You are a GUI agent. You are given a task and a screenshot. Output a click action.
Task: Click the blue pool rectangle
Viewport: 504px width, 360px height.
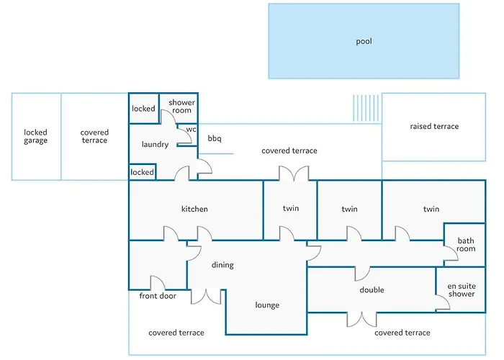364,41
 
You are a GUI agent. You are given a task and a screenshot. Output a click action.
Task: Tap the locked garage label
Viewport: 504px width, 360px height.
35,136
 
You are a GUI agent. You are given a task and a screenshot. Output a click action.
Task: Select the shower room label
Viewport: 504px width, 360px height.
181,107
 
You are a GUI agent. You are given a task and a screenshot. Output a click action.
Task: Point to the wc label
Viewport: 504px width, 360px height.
191,130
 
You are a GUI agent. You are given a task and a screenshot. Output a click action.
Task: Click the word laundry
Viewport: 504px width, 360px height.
155,145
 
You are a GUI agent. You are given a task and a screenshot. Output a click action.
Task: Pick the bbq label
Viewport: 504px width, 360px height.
215,138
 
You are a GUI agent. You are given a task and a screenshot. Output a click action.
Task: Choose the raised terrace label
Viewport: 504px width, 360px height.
434,127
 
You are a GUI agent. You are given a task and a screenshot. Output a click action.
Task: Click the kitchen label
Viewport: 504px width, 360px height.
194,210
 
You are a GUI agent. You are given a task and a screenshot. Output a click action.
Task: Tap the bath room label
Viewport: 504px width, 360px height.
466,245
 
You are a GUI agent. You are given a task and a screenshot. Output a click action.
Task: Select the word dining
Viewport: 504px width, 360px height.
222,265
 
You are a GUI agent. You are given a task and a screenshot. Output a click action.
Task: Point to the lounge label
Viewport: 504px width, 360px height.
267,305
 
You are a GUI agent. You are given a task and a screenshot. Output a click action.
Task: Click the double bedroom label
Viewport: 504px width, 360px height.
372,290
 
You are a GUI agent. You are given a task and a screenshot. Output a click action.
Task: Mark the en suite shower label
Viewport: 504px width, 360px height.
462,290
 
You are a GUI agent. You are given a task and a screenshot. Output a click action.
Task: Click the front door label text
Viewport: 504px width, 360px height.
158,296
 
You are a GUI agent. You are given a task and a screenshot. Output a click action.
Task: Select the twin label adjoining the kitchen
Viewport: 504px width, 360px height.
290,209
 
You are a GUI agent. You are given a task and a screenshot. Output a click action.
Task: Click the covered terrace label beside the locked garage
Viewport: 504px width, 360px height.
94,136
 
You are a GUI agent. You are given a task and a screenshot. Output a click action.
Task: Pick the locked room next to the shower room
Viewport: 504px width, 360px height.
143,109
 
